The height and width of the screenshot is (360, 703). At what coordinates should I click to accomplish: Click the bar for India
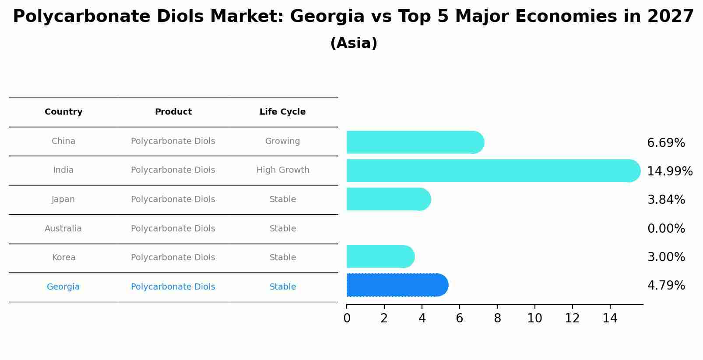point(493,171)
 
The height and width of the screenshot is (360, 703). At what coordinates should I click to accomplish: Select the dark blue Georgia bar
point(397,285)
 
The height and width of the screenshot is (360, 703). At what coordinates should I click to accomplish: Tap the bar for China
point(415,142)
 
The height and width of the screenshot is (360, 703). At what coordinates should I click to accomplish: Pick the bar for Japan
point(388,199)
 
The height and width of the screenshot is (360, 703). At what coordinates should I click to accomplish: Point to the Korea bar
point(380,256)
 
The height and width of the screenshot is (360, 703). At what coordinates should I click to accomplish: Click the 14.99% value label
point(669,171)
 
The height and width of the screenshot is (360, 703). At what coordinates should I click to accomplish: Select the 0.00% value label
point(666,228)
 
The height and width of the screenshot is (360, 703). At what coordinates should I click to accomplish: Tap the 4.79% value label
point(666,285)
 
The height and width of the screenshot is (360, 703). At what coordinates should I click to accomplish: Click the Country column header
point(63,112)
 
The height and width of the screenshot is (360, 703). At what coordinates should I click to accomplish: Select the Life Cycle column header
point(282,112)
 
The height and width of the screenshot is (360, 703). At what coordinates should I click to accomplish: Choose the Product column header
point(173,112)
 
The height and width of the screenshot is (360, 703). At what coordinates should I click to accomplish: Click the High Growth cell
point(282,170)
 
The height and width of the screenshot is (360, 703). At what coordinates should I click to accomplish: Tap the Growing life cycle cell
point(282,141)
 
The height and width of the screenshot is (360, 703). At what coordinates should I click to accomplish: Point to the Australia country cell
point(63,228)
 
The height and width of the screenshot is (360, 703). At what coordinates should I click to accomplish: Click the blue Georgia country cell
point(63,287)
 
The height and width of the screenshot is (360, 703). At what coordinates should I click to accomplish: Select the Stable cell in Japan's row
point(282,199)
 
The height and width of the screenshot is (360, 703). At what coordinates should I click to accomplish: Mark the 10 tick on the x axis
point(534,318)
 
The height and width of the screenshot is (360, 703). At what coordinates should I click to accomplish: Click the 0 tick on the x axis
point(347,318)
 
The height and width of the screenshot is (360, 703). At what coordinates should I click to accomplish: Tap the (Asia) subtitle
point(353,43)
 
